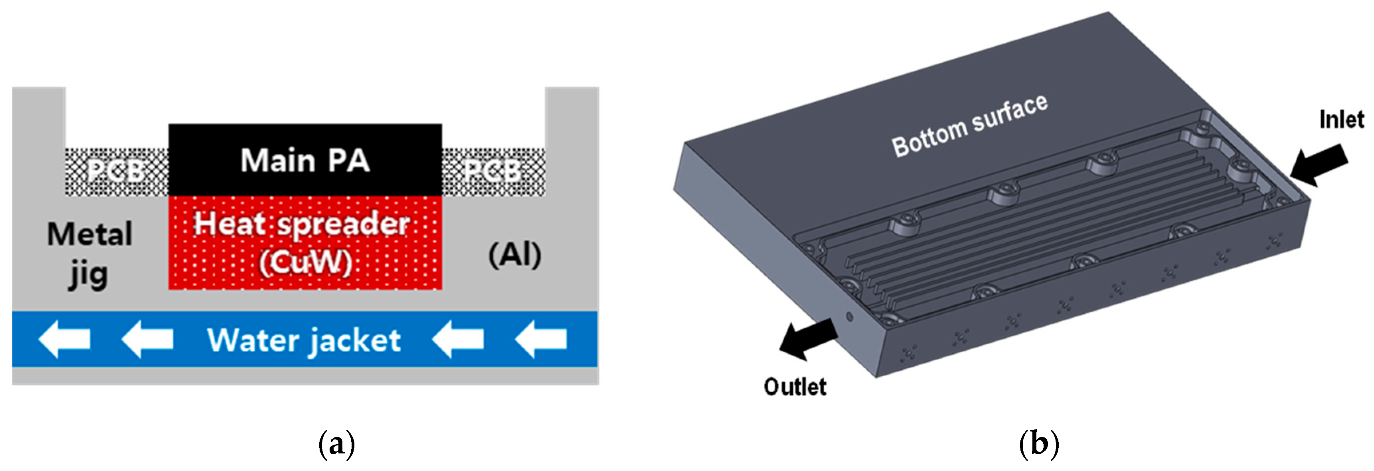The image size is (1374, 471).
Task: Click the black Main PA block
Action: pyautogui.click(x=305, y=160)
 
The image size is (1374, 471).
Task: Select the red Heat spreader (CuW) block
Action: pyautogui.click(x=305, y=243)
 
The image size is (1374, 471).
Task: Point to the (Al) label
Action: pyautogui.click(x=515, y=255)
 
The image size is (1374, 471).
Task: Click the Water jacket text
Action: pyautogui.click(x=304, y=340)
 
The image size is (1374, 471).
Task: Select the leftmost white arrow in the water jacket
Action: pyautogui.click(x=64, y=339)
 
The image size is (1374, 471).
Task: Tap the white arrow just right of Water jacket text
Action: pyautogui.click(x=457, y=339)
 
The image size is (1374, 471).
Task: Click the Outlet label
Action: pyautogui.click(x=795, y=387)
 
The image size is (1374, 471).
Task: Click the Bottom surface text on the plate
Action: pyautogui.click(x=970, y=125)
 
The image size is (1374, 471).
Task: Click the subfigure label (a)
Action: pyautogui.click(x=336, y=444)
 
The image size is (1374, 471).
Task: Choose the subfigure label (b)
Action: pyautogui.click(x=1038, y=444)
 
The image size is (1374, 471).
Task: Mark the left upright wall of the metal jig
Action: pyautogui.click(x=38, y=139)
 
